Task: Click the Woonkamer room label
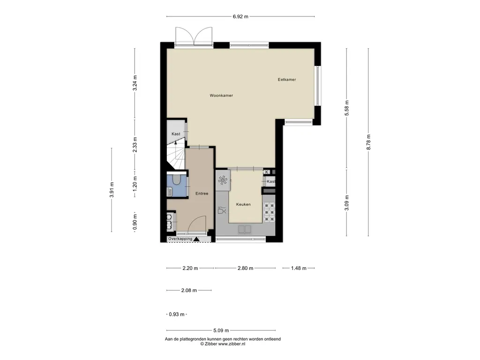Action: (221, 96)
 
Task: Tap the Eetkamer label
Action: (287, 80)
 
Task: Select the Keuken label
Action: (243, 204)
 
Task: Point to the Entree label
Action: (202, 194)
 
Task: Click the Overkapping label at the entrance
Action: (180, 239)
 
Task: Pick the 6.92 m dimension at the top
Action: (240, 16)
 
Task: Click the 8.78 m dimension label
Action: (368, 142)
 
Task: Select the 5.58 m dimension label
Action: (347, 108)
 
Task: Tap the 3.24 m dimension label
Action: (135, 83)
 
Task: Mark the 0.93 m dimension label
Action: (177, 315)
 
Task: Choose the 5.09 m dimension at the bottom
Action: (221, 330)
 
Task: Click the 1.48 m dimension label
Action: (299, 269)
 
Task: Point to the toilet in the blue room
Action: (176, 180)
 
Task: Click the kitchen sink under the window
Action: (245, 229)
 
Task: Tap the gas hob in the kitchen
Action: (270, 212)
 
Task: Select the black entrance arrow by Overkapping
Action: (196, 239)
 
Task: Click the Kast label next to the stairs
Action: (176, 134)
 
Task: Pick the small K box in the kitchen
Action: (267, 172)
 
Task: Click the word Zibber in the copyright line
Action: (211, 344)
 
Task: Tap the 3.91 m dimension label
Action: (112, 190)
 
